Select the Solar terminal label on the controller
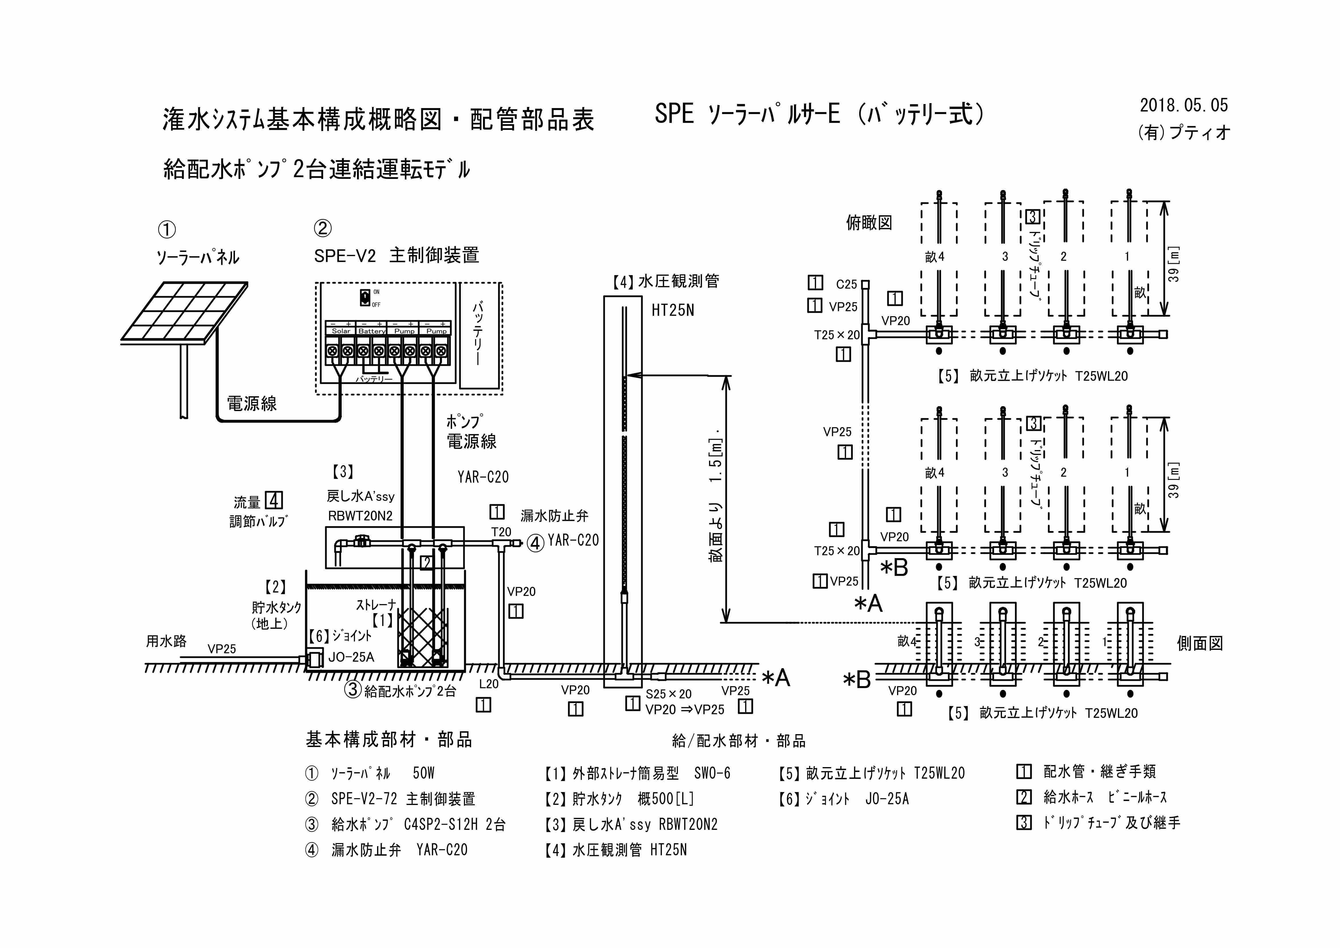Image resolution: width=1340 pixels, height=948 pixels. (x=341, y=331)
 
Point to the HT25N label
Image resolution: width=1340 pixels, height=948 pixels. (x=672, y=310)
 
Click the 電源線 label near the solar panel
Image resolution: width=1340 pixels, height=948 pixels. (x=252, y=403)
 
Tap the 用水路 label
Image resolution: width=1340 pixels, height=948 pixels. (x=166, y=641)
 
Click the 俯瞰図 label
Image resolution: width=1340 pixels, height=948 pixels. (x=869, y=222)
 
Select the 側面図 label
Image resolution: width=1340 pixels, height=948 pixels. (x=1199, y=643)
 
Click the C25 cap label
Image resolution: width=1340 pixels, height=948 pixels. (x=846, y=284)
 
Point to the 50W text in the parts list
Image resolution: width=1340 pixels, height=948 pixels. (x=423, y=773)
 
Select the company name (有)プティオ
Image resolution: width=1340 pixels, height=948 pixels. (x=1184, y=133)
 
